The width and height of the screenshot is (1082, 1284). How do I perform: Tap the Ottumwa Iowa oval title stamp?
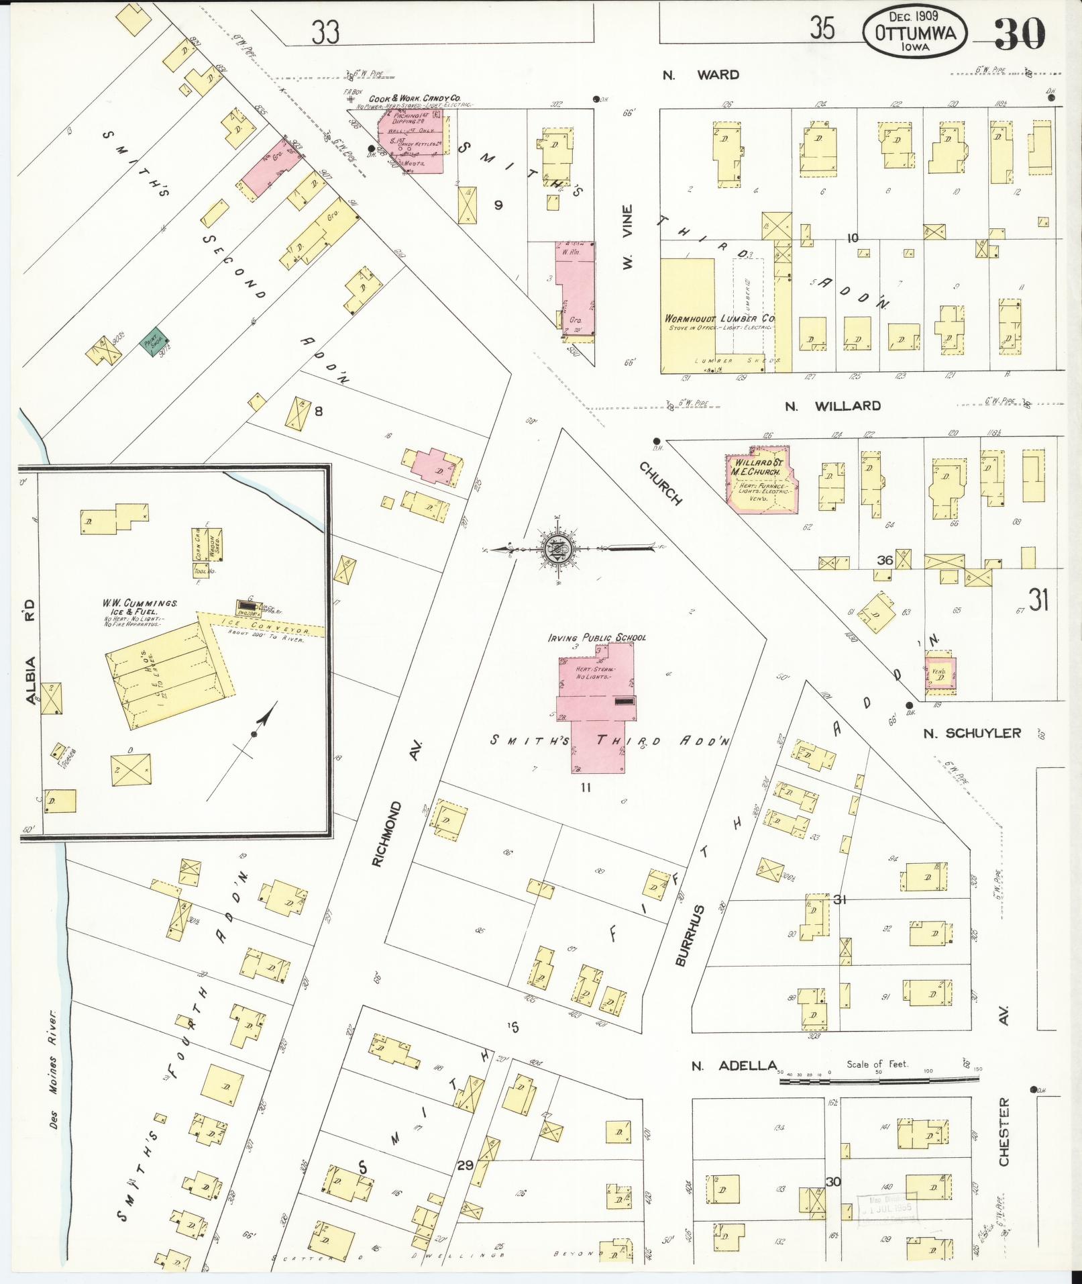tap(914, 32)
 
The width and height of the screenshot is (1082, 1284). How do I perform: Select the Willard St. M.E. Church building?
tap(760, 482)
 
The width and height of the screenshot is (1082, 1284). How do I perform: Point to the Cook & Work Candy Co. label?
tap(414, 98)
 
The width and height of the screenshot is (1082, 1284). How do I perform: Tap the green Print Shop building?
tap(155, 343)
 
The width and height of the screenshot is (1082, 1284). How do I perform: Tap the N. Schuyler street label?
tap(971, 733)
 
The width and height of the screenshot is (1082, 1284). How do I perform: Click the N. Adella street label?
tap(734, 1066)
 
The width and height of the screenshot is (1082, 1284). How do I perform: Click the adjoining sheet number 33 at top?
tap(325, 32)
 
